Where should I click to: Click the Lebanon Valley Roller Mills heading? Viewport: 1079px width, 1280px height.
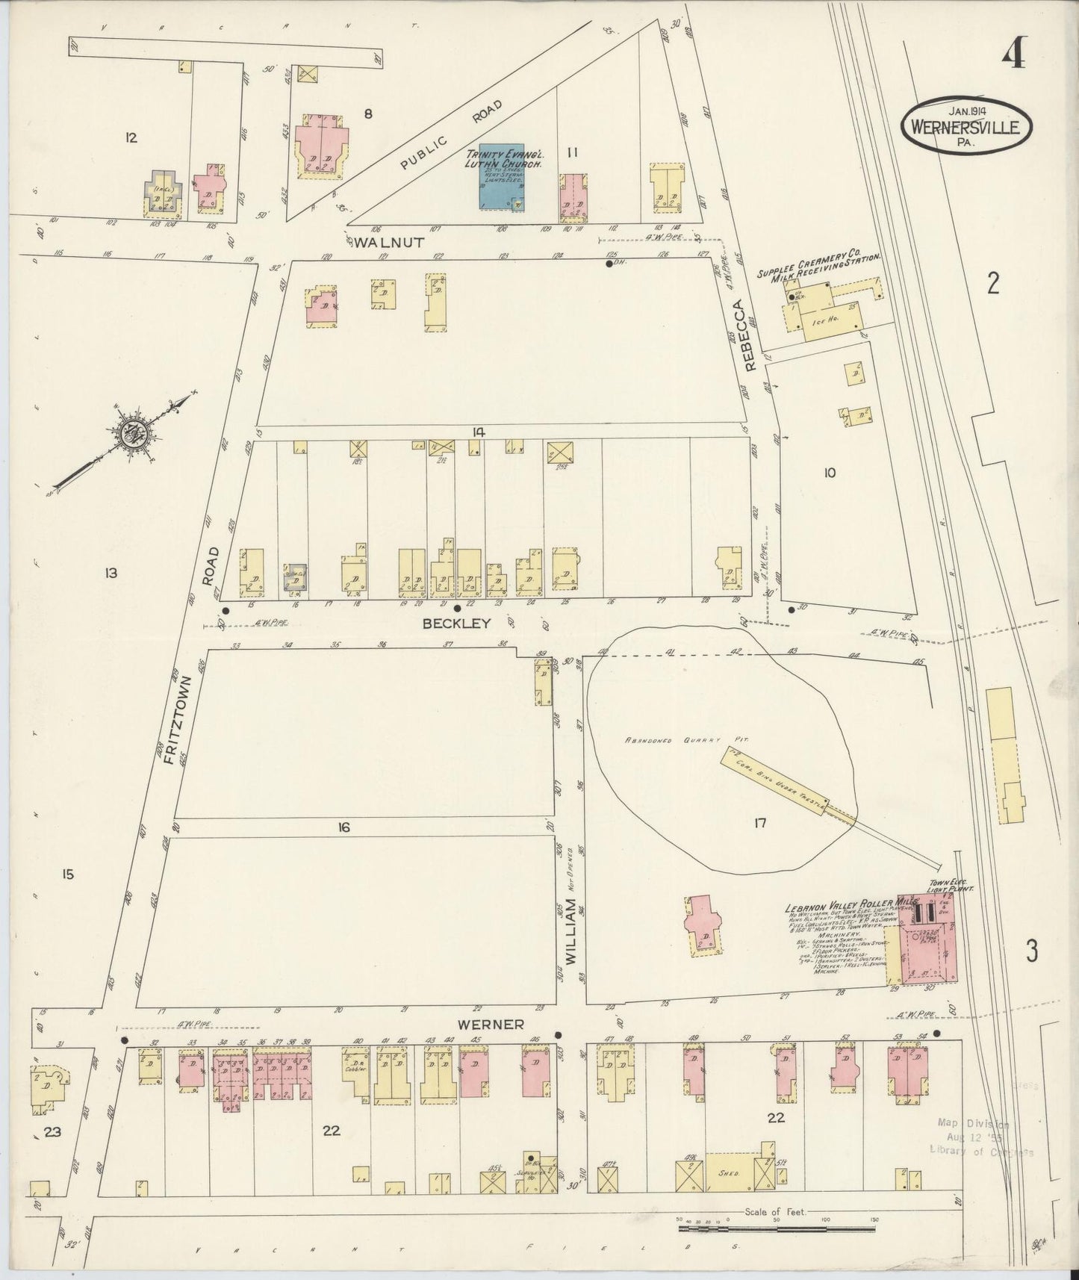pyautogui.click(x=844, y=907)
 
